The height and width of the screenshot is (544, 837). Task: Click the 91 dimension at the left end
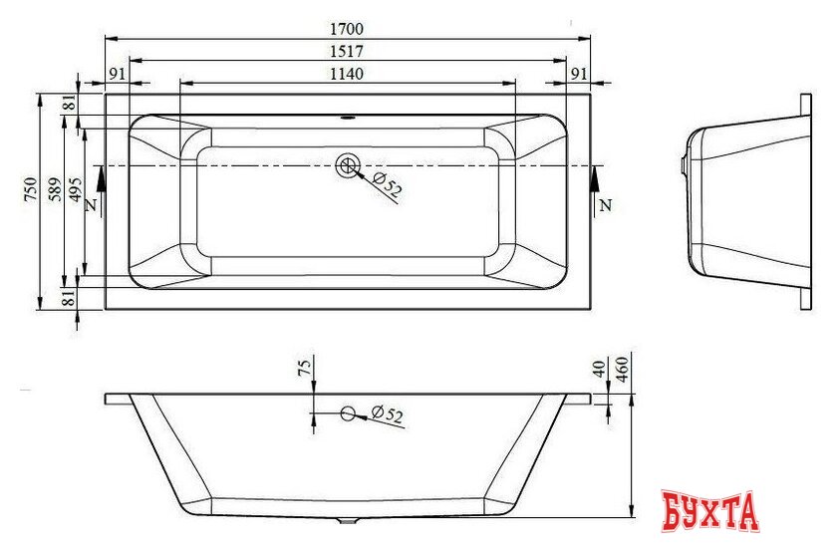[117, 73]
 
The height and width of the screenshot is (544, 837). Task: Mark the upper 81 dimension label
[69, 104]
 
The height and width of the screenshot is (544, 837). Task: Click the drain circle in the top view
[349, 165]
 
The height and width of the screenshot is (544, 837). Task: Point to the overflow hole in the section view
[348, 413]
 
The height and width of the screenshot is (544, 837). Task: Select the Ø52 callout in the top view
[387, 182]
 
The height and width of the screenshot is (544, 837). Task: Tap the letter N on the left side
[91, 205]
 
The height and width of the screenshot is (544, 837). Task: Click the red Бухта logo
[710, 511]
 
